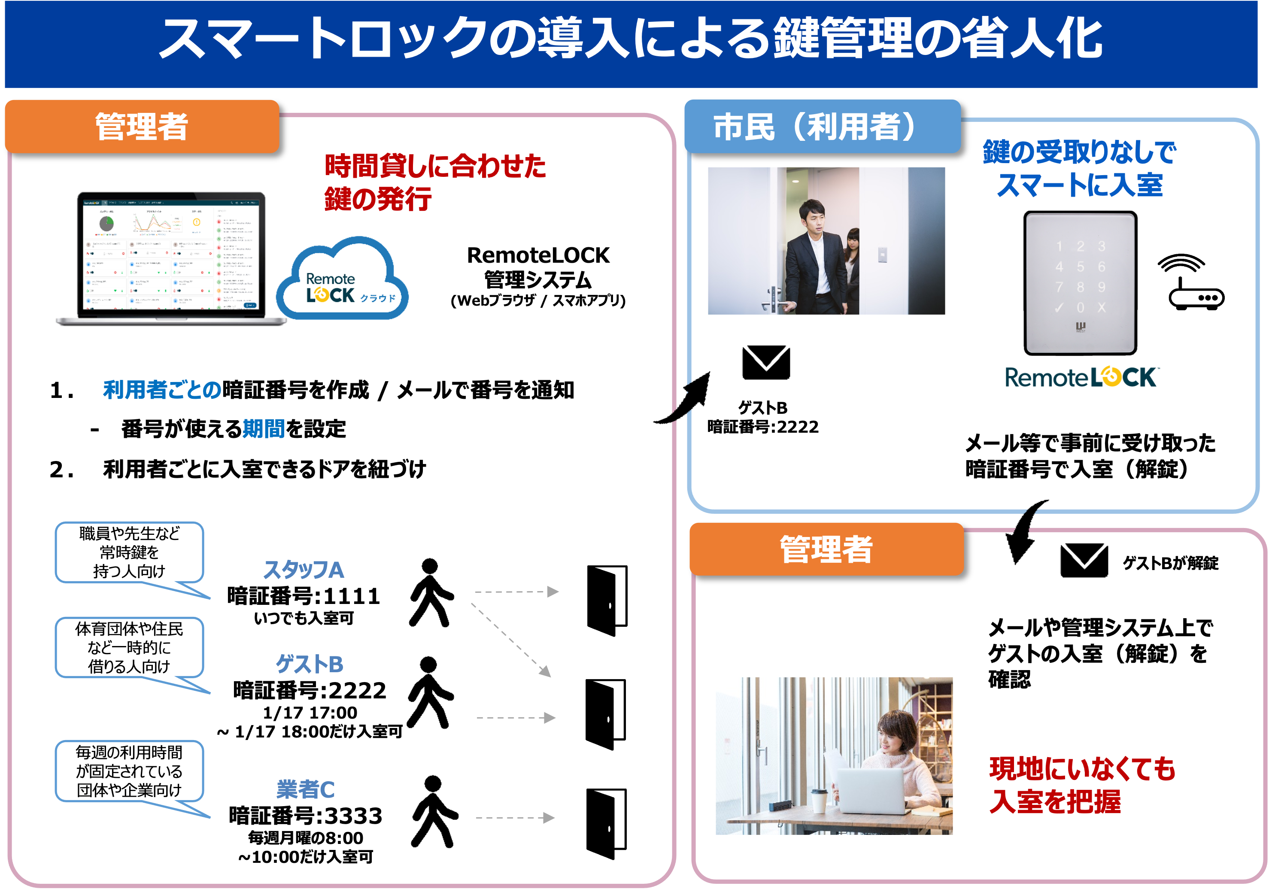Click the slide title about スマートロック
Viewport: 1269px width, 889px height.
630,39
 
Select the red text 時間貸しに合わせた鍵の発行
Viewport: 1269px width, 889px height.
434,182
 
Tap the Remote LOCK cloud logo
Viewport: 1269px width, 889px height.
343,282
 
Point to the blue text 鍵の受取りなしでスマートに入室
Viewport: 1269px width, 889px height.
1079,169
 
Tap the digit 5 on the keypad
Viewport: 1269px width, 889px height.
1080,267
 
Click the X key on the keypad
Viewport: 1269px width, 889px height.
1101,308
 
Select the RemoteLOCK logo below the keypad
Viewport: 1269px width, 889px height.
1081,378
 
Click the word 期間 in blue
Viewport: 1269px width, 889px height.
264,429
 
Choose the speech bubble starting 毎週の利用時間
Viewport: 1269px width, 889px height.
129,771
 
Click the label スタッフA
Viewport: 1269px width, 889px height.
304,570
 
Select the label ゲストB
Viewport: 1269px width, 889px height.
310,664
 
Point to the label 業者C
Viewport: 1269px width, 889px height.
306,789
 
